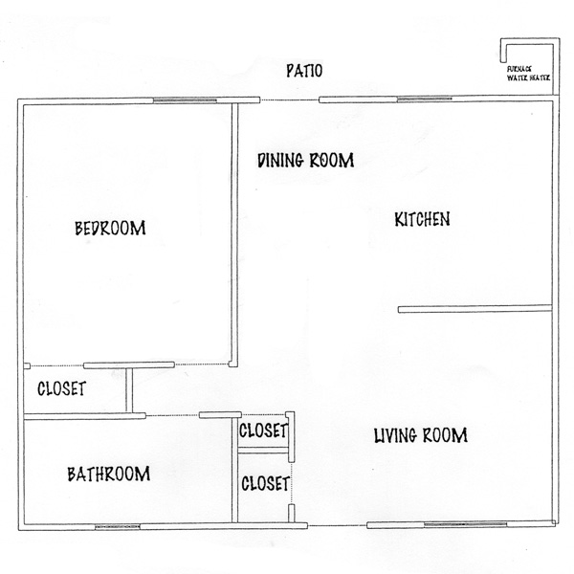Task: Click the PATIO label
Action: pyautogui.click(x=304, y=71)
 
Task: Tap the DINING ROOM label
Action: pyautogui.click(x=306, y=161)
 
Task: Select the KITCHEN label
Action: pyautogui.click(x=422, y=219)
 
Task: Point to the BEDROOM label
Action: pyautogui.click(x=110, y=228)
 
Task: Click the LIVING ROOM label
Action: pyautogui.click(x=421, y=435)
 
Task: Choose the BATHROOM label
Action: pyautogui.click(x=109, y=475)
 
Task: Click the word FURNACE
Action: pyautogui.click(x=519, y=69)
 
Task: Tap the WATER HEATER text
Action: pyautogui.click(x=528, y=77)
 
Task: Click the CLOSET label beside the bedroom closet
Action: pyautogui.click(x=61, y=388)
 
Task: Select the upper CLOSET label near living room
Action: pyautogui.click(x=263, y=430)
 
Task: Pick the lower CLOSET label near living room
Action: pyautogui.click(x=265, y=483)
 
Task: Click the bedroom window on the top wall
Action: pyautogui.click(x=185, y=99)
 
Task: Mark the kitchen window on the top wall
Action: pyautogui.click(x=424, y=99)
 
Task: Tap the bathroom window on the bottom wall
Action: pyautogui.click(x=117, y=527)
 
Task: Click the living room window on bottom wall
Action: pyautogui.click(x=465, y=524)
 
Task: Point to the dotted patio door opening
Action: pyautogui.click(x=289, y=99)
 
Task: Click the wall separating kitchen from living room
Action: pyautogui.click(x=475, y=309)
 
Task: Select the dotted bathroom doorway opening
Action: pyautogui.click(x=172, y=415)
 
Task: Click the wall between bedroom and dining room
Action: pyautogui.click(x=234, y=234)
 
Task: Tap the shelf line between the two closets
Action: pyautogui.click(x=262, y=451)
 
